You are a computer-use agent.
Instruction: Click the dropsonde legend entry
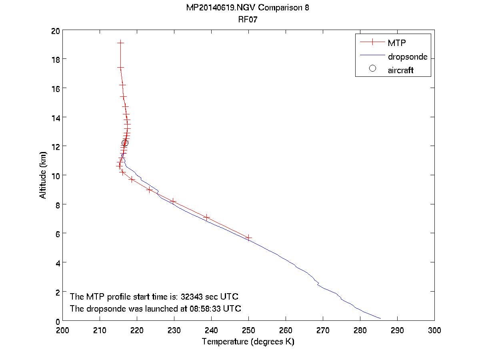coord(407,57)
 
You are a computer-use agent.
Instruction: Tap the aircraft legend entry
coord(400,70)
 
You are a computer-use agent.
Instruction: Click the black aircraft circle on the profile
coord(125,143)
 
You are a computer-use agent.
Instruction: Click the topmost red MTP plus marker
coord(120,42)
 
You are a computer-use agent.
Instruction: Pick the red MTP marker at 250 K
coord(248,238)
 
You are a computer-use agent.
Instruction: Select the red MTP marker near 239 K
coord(207,217)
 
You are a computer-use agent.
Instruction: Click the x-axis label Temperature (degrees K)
coord(248,342)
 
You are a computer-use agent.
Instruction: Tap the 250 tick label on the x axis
coord(248,330)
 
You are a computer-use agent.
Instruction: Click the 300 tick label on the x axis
coord(434,330)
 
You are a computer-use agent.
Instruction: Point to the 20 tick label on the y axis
coord(56,31)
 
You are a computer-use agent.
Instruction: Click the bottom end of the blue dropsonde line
coord(380,319)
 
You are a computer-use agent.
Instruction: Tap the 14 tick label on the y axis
coord(56,118)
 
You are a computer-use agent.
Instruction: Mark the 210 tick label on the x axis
coord(100,330)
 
